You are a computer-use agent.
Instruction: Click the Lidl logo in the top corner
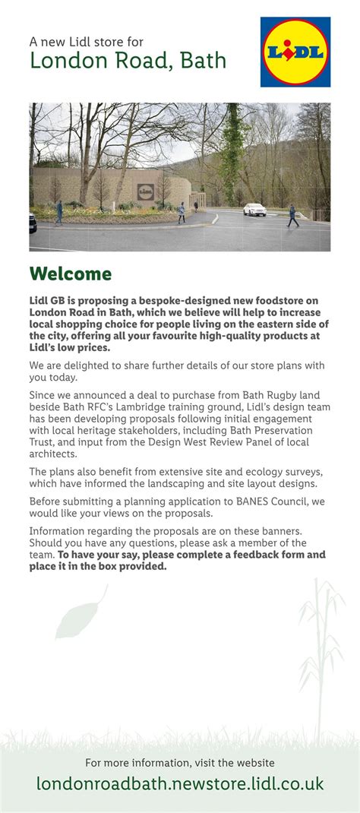295,52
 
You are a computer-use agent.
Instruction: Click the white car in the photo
254,209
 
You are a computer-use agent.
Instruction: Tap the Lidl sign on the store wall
144,192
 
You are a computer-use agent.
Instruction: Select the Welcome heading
70,274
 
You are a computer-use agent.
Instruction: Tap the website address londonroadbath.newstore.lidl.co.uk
180,783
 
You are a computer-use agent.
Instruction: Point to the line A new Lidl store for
86,42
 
